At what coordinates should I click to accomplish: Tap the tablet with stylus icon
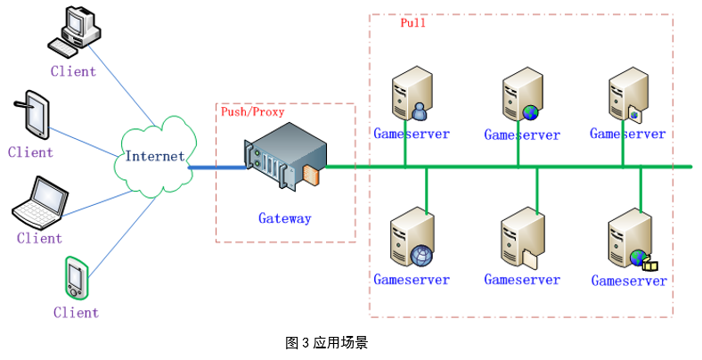click(34, 113)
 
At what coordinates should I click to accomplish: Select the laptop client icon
click(38, 203)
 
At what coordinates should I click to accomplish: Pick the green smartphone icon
click(76, 277)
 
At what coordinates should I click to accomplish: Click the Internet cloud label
click(155, 156)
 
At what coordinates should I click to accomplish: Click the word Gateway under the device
click(285, 217)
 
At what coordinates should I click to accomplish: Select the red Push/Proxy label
click(253, 112)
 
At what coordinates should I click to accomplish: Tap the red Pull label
click(412, 23)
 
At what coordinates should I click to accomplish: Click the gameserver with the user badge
click(411, 97)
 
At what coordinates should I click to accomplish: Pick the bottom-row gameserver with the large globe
click(411, 240)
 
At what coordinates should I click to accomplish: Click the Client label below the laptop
click(39, 238)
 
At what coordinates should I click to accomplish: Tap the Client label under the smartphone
click(76, 312)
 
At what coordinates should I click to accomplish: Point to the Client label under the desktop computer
click(73, 71)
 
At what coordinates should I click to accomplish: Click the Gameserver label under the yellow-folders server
click(629, 281)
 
